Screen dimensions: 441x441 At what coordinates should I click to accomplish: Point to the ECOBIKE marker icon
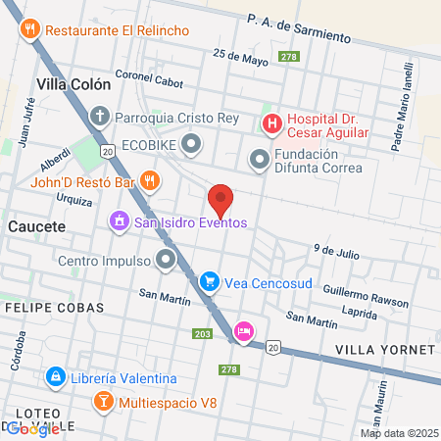pos(191,146)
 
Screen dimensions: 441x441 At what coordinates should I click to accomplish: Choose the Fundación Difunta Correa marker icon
pos(260,158)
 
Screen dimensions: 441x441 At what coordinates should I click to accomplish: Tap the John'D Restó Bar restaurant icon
pos(149,180)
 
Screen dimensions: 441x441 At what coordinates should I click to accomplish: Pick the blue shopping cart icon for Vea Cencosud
pos(209,282)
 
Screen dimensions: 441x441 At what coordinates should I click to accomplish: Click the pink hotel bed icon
pos(244,332)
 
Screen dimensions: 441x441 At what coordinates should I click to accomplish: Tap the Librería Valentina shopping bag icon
pos(57,378)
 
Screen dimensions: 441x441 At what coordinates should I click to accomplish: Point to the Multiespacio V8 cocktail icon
pos(102,402)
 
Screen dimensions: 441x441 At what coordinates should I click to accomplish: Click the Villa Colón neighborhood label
pos(73,84)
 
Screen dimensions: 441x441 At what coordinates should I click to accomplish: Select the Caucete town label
pos(35,226)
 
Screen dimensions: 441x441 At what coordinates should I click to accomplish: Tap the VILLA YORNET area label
pos(384,350)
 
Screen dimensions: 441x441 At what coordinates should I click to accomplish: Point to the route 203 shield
pos(203,334)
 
